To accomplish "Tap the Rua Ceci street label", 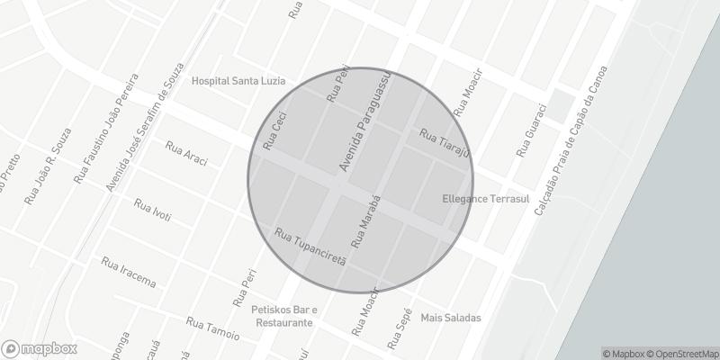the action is click(x=274, y=130).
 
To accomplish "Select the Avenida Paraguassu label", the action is click(x=364, y=117).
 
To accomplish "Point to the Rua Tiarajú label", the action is click(x=445, y=140).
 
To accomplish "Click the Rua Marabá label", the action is click(x=366, y=221).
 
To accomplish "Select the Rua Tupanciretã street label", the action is click(x=310, y=249).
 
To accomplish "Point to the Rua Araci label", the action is click(x=187, y=153).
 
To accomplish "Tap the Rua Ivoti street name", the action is click(x=152, y=211).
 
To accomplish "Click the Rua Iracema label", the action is click(x=130, y=271).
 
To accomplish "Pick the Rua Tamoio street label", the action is click(x=212, y=328).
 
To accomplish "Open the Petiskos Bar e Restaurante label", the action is click(x=283, y=315).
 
